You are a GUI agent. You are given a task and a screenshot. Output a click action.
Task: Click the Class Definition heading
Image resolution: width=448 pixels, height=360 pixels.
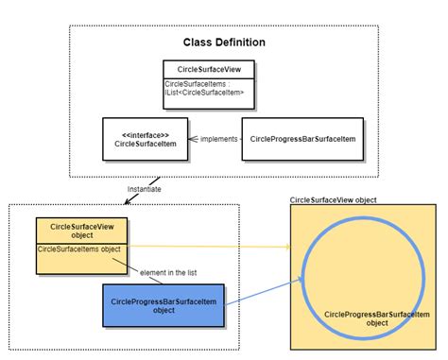coord(224,43)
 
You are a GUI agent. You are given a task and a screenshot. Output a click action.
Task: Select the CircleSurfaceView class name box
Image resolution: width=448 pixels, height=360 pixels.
coord(205,70)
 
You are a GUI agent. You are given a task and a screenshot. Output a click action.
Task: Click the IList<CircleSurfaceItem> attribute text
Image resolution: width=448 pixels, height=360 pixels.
coord(205,92)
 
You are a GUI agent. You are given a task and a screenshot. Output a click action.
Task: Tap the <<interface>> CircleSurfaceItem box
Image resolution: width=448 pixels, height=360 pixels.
coord(145,138)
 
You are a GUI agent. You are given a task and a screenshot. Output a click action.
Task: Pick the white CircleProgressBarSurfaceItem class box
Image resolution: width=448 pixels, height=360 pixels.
coord(302,138)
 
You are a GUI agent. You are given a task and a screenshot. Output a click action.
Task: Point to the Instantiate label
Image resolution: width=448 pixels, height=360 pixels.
coord(145,189)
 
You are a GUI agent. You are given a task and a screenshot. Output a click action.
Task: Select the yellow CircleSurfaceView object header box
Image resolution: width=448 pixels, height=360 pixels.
coord(81,231)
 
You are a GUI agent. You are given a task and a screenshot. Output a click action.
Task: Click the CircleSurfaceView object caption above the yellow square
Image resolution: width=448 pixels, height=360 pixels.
coord(334,200)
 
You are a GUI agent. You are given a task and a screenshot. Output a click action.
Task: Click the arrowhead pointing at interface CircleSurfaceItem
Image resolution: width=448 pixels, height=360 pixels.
coord(191,139)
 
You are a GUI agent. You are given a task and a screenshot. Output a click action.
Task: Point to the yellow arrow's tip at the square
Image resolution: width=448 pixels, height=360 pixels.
coord(288,248)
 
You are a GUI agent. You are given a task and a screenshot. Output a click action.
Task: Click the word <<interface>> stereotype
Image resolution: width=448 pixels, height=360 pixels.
coord(145,133)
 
